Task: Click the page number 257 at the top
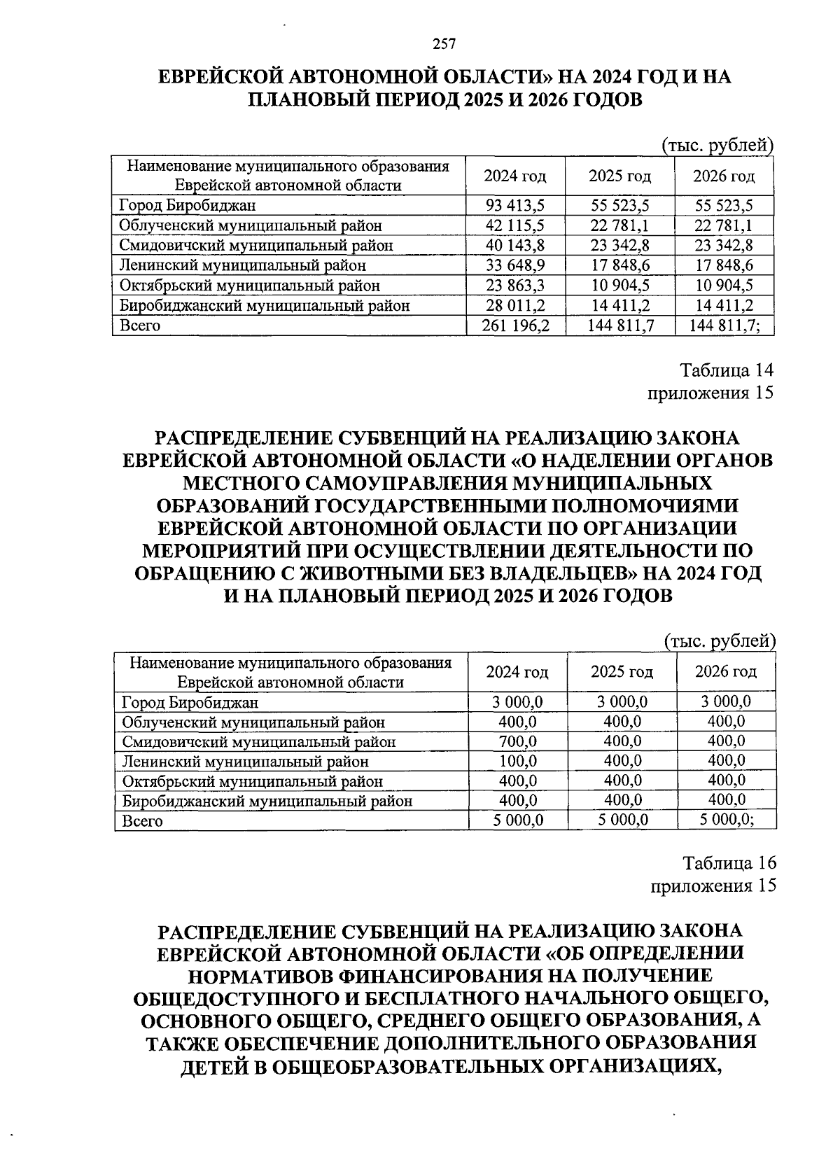click(x=444, y=45)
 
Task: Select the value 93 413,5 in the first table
click(x=515, y=205)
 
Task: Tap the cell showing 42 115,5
click(x=515, y=225)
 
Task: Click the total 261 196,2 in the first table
click(x=515, y=325)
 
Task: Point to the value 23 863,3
click(x=515, y=286)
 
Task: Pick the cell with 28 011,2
click(x=515, y=305)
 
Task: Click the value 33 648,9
click(x=515, y=265)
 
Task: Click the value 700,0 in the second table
click(x=518, y=741)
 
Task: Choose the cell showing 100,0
click(x=518, y=761)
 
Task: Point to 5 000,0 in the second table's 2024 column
click(x=518, y=820)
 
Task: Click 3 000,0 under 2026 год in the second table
click(x=726, y=701)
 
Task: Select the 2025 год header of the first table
click(x=619, y=176)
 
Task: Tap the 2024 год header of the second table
click(x=517, y=672)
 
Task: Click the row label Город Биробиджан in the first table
click(x=188, y=206)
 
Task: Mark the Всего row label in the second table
click(x=142, y=821)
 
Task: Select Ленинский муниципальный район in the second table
click(x=245, y=762)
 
